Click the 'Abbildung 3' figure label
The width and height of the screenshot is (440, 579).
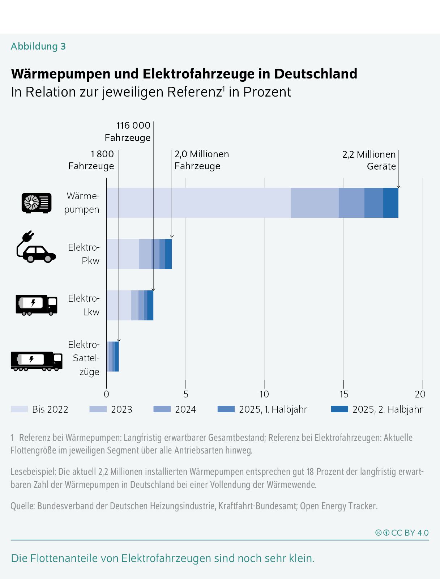(x=38, y=46)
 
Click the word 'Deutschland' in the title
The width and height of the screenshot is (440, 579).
(x=315, y=74)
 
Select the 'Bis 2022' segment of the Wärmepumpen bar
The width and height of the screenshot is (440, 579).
(x=198, y=203)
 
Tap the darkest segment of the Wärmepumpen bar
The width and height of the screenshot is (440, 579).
(x=390, y=203)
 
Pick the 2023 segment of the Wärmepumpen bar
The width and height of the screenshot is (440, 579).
(x=315, y=203)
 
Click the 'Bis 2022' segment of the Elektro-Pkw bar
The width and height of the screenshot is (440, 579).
(x=123, y=254)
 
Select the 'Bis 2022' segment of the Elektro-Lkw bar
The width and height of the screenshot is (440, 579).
(x=119, y=305)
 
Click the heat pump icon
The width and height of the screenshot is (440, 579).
(x=37, y=203)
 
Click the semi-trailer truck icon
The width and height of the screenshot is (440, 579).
(x=37, y=361)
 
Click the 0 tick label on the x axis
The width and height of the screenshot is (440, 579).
(x=106, y=394)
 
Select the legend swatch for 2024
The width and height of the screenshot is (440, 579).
(x=162, y=409)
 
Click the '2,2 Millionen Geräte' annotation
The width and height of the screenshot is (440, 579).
(x=369, y=160)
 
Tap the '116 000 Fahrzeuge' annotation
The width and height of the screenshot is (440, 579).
(x=128, y=132)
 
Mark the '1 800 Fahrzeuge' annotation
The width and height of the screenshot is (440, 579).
(x=91, y=160)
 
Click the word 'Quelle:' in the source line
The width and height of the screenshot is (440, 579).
(x=22, y=506)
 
